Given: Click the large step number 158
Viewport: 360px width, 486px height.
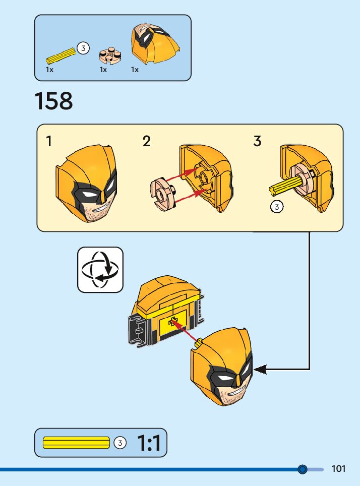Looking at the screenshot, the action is tap(53, 101).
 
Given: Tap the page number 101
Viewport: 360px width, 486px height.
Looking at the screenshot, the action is tap(338, 469).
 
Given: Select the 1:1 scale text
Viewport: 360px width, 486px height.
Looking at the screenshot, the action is tap(149, 443).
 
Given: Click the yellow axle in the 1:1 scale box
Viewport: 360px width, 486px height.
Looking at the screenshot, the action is tap(76, 443).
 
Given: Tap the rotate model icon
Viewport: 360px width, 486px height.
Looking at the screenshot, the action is tap(100, 270).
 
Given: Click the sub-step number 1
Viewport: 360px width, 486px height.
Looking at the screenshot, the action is tap(49, 141).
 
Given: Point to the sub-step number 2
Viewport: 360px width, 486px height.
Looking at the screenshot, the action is tap(146, 141).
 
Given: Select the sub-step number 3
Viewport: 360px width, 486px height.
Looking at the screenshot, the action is tap(257, 141).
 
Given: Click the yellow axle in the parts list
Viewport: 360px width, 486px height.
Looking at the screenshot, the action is tap(61, 54).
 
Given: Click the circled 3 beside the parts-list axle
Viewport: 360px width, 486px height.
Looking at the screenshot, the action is tap(83, 48).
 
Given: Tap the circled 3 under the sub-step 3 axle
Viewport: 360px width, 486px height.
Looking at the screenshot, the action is tap(276, 207).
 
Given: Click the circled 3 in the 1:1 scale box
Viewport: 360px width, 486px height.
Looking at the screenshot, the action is tap(119, 443).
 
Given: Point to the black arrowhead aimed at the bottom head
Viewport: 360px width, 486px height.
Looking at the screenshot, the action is tap(260, 370).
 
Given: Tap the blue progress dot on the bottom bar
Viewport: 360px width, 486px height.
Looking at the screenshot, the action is tap(303, 469).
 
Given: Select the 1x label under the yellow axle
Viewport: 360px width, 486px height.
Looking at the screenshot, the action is tap(49, 70).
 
